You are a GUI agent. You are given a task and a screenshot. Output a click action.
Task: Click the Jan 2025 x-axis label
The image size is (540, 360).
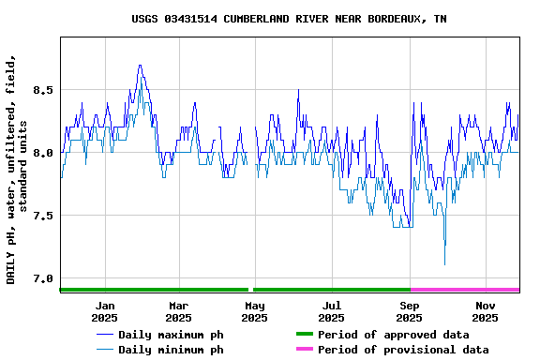click(x=105, y=311)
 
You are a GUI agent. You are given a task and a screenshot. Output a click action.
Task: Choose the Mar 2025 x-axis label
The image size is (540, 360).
click(x=179, y=311)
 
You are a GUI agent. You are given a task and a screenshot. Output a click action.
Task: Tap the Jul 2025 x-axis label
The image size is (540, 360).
click(x=332, y=311)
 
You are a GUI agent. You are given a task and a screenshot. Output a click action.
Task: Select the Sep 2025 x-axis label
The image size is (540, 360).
click(x=409, y=311)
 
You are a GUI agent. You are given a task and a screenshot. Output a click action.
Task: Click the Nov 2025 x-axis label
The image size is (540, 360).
click(x=485, y=311)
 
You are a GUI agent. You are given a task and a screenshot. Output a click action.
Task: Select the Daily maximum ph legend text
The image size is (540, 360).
click(x=171, y=335)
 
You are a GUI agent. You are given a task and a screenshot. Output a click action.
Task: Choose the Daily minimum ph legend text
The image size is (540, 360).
click(x=171, y=350)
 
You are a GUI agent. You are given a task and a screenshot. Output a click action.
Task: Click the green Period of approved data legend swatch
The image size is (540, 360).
click(x=304, y=335)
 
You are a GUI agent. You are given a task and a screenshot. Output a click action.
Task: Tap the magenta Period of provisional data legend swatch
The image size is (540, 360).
click(x=304, y=350)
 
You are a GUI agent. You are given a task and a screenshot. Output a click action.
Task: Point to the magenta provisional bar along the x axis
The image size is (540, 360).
click(x=465, y=290)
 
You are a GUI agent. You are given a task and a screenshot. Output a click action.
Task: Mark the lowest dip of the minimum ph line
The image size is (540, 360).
click(x=444, y=264)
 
